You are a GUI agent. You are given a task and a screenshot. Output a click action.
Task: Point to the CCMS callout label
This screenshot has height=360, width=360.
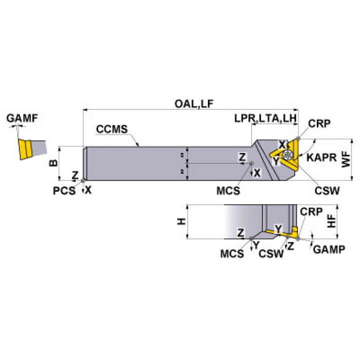pyautogui.click(x=112, y=129)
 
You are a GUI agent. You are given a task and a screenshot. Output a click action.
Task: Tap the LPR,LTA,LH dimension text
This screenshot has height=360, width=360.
pyautogui.click(x=266, y=119)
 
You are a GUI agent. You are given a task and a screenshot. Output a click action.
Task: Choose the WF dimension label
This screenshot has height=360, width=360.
pyautogui.click(x=345, y=160)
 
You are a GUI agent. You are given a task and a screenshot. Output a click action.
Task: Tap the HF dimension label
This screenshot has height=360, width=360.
pyautogui.click(x=331, y=222)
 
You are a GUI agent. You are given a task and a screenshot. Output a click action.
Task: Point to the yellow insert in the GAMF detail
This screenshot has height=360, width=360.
pyautogui.click(x=24, y=149)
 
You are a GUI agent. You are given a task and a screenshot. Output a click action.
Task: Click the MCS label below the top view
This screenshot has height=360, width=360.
pyautogui.click(x=229, y=191)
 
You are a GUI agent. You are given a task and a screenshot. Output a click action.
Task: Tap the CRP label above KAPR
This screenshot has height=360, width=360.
pyautogui.click(x=319, y=123)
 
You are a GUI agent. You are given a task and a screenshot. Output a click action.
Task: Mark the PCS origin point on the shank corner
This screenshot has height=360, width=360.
pyautogui.click(x=83, y=180)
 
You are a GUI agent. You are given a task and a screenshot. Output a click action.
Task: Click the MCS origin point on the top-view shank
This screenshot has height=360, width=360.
pyautogui.click(x=252, y=164)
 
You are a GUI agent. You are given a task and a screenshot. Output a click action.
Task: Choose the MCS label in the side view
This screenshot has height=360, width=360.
pyautogui.click(x=232, y=253)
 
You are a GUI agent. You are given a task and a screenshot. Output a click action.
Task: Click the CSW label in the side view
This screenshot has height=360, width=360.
pyautogui.click(x=271, y=253)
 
